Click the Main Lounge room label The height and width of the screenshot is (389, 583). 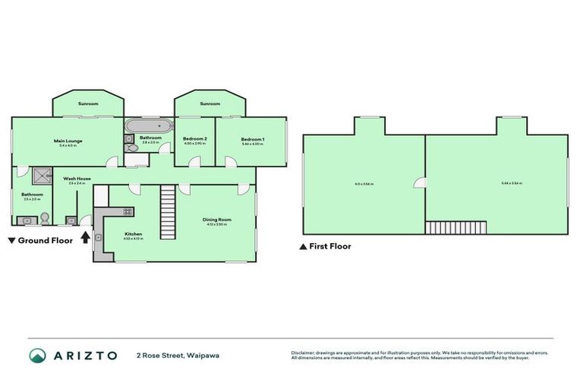pos(68,141)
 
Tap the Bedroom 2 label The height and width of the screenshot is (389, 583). pos(195,139)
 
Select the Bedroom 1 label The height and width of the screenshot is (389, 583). pos(252,139)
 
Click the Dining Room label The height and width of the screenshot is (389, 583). pos(216,220)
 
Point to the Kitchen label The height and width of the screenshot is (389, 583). pos(133,234)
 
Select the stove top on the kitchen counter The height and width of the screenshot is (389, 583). pos(128,211)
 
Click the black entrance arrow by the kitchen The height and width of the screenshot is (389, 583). pos(85,237)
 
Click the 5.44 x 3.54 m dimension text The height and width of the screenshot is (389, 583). pos(511,183)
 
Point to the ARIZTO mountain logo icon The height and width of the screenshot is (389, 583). pos(37,356)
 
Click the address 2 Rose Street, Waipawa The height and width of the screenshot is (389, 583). pos(173,356)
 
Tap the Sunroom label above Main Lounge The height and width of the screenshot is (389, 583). pos(88,103)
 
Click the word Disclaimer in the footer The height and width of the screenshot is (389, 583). pos(303,353)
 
